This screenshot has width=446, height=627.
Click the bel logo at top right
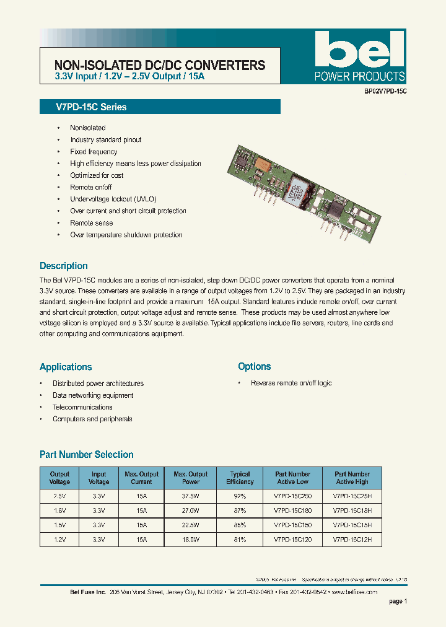coord(359,50)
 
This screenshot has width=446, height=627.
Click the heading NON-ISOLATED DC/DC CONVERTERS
coord(160,65)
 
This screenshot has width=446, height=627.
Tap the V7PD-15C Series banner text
coord(82,107)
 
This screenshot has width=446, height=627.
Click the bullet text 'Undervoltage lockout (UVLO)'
coord(113,199)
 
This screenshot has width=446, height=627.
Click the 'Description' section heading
coord(64,266)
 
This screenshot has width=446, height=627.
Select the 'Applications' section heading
coord(66,367)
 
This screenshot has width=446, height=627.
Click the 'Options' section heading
coord(254,367)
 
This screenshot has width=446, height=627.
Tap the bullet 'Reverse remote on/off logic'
coord(291,384)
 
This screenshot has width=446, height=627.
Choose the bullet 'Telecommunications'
coord(82,407)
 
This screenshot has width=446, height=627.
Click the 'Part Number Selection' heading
coord(87,455)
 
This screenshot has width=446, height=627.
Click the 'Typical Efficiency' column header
coord(240,478)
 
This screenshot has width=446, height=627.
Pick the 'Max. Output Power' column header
coord(191,478)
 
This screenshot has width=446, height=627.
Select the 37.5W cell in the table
coord(191,496)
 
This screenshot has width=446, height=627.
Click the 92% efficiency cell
coord(240,496)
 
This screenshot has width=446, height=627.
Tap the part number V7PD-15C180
coord(292,511)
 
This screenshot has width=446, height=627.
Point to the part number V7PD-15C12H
coord(352,540)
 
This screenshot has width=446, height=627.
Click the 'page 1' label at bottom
coord(398,601)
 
